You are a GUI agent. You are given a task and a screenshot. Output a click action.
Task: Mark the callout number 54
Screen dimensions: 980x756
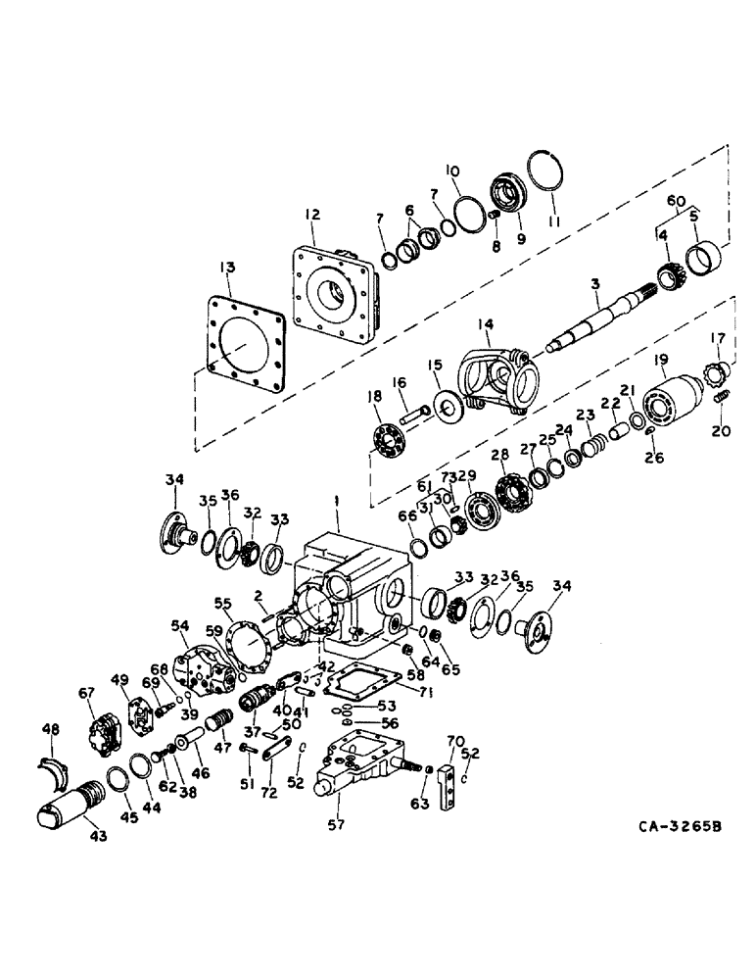(x=178, y=624)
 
